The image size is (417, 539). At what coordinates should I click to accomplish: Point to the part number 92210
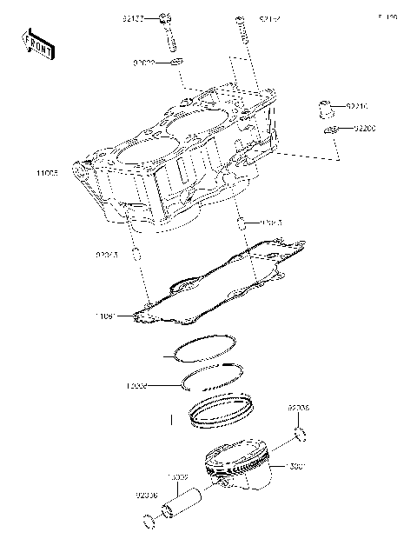[x=358, y=107]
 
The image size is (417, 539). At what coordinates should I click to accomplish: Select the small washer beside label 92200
[x=330, y=130]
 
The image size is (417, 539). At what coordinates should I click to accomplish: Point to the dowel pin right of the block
[x=241, y=226]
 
